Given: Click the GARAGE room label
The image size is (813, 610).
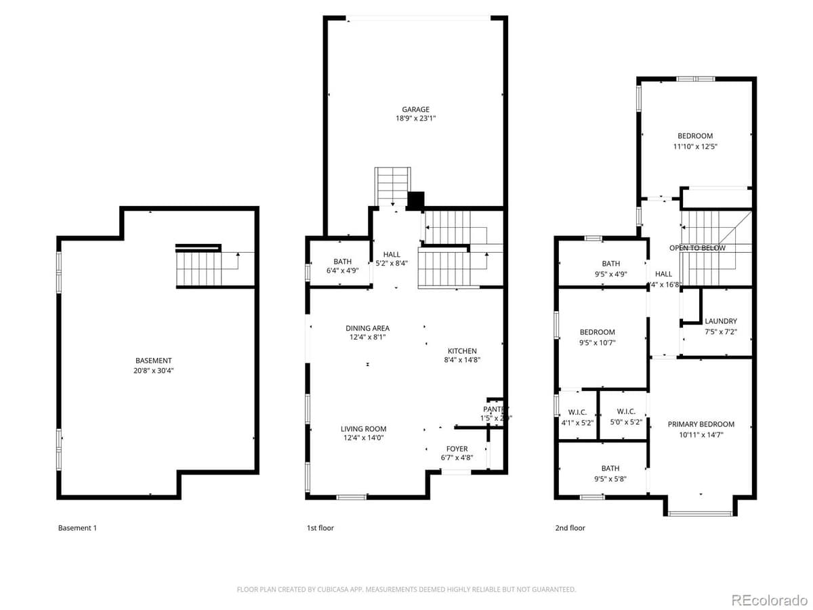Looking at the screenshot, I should coord(415,109).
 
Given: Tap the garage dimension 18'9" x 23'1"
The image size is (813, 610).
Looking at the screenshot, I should coord(415,119).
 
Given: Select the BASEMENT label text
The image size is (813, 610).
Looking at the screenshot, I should coord(153,361).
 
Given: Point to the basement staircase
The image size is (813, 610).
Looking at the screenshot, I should coord(199,268).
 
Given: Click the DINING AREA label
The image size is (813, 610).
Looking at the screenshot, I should coord(367,328).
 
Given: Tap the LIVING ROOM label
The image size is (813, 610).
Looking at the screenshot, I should coord(363,429).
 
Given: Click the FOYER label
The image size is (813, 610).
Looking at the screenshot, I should coord(457,449).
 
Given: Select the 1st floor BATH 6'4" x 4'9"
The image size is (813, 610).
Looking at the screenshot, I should coord(342,266).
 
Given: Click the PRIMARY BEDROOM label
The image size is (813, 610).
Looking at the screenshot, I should coord(701,424).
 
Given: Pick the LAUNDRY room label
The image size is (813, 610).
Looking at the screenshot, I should coord(720,321).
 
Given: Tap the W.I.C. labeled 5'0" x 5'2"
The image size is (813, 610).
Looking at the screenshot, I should coord(625,416).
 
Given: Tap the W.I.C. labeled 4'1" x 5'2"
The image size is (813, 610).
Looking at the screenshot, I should coord(577,416).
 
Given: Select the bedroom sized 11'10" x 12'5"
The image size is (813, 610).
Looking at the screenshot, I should coord(695,140).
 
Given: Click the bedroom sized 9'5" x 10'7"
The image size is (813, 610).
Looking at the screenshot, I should coord(597,337).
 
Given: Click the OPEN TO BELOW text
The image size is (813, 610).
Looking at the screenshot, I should coord(697,248).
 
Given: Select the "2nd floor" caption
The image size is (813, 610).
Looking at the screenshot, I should coord(570,528).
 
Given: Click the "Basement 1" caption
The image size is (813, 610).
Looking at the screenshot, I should coord(77,528).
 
